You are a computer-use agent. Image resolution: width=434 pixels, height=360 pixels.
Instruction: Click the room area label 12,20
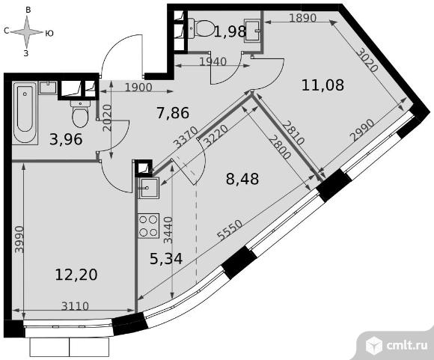(x=76, y=275)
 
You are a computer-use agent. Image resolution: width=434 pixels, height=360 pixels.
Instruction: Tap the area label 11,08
(x=323, y=85)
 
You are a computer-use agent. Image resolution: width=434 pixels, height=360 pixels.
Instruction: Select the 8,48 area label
(x=242, y=179)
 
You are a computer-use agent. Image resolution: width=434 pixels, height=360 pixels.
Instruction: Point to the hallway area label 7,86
(x=173, y=113)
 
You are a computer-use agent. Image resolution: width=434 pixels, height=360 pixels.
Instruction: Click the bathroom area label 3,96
(x=66, y=139)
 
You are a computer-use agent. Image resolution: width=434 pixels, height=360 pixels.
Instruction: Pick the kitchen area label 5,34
(x=166, y=259)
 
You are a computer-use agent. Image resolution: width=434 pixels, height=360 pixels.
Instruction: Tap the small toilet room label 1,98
(x=230, y=31)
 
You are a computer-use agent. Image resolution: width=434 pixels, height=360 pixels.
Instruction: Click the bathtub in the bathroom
(x=25, y=113)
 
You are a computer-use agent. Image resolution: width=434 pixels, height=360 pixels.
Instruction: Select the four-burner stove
(x=149, y=226)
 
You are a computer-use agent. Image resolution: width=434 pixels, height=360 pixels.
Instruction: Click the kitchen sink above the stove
(x=149, y=189)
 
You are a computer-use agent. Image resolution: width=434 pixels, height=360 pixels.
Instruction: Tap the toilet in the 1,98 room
(x=201, y=28)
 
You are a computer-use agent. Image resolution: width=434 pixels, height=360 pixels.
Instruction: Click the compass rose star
(x=27, y=32)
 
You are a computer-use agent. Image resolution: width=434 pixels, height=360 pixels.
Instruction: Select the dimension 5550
(x=230, y=230)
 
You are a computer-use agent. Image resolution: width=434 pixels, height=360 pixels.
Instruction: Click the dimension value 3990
(x=19, y=240)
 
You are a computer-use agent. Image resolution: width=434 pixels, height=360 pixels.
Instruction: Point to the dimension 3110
(x=75, y=306)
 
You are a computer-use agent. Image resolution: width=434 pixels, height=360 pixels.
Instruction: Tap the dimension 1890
(x=302, y=18)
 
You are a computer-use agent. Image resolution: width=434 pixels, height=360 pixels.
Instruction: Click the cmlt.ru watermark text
(x=407, y=345)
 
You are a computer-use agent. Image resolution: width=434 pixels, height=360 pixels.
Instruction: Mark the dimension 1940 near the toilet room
(x=213, y=62)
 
